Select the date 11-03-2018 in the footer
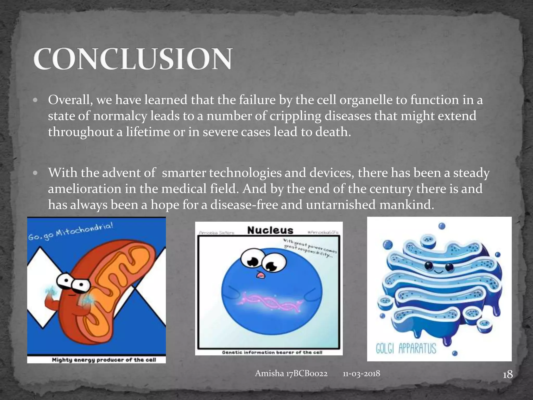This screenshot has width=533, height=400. click(x=361, y=373)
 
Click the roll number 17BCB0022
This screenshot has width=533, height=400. click(x=307, y=373)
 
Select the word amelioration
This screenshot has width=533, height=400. click(x=85, y=189)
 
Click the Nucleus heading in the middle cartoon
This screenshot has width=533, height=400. click(x=270, y=230)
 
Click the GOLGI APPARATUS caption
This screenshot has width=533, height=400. click(x=406, y=348)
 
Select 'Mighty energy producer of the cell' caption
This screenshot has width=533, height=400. click(x=104, y=360)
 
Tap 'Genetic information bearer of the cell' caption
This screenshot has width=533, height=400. click(x=272, y=352)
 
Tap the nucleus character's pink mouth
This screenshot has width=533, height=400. click(x=260, y=275)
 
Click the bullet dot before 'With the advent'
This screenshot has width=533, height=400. click(x=36, y=173)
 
